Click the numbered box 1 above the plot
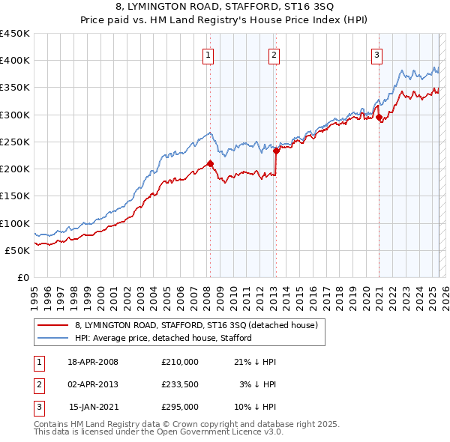(207, 54)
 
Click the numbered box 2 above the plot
(274, 54)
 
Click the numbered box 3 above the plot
(376, 54)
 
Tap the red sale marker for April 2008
(211, 163)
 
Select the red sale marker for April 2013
(277, 151)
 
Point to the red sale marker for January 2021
(379, 117)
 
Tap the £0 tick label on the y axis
(22, 277)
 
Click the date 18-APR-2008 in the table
(93, 362)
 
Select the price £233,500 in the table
(180, 384)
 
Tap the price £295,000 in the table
(180, 407)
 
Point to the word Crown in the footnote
(176, 424)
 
